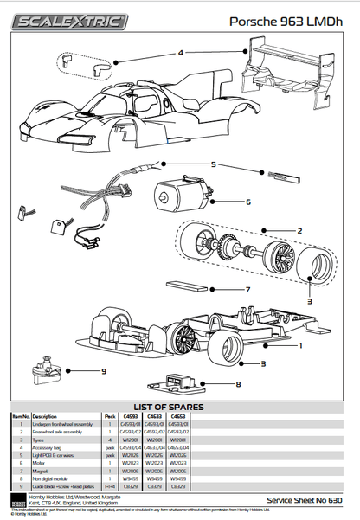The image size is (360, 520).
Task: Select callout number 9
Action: pos(102,372)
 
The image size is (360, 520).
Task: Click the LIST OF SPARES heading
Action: pos(180,406)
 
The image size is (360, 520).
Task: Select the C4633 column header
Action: pos(152,415)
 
